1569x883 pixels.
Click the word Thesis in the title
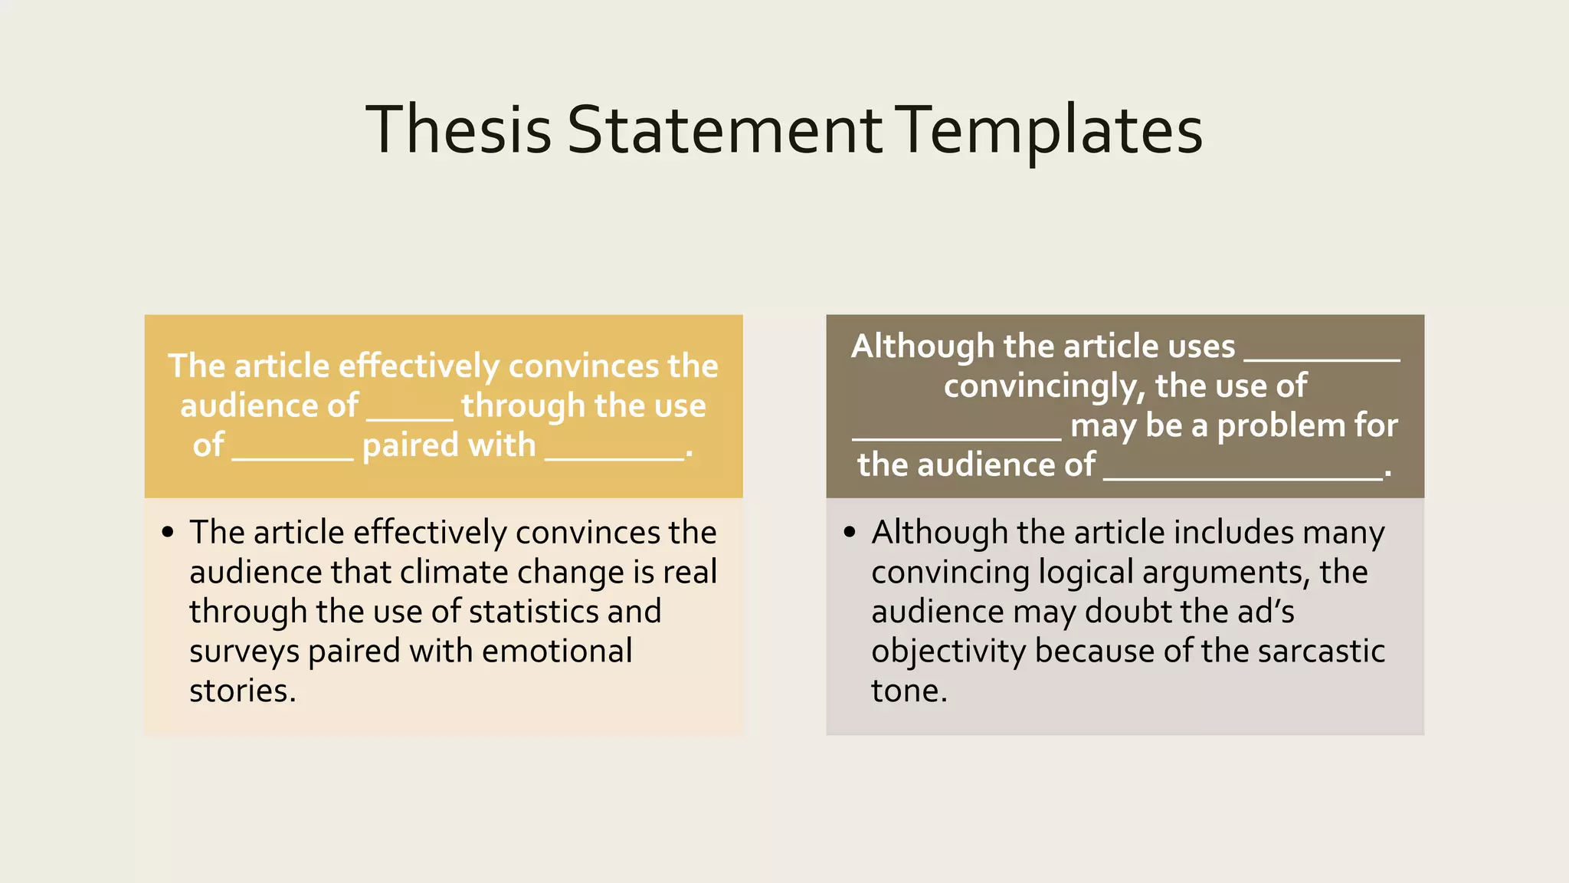(x=458, y=130)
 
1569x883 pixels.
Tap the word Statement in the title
(x=724, y=130)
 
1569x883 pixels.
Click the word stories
(x=242, y=691)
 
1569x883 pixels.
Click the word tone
(x=909, y=691)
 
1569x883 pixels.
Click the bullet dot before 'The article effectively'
(x=169, y=532)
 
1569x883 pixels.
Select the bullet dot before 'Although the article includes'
(x=850, y=532)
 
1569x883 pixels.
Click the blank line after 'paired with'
(x=614, y=458)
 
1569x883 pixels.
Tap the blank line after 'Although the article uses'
(x=1322, y=359)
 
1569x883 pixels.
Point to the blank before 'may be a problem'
(x=956, y=438)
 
